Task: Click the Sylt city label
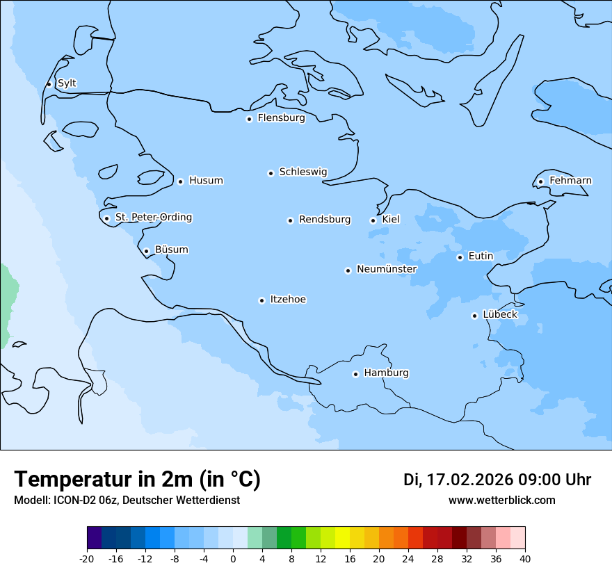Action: click(x=67, y=83)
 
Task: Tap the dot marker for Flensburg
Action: click(x=249, y=119)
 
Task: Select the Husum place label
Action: click(x=206, y=181)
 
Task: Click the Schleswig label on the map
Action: click(x=303, y=172)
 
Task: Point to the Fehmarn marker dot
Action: click(x=540, y=182)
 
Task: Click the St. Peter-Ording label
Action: click(x=153, y=218)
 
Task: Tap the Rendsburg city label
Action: click(x=325, y=220)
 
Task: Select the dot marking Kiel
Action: click(x=373, y=220)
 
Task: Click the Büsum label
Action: click(x=171, y=250)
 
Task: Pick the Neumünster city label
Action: click(x=387, y=269)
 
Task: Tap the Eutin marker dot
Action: click(x=460, y=257)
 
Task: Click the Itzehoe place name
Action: click(x=288, y=300)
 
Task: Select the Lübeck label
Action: click(x=499, y=315)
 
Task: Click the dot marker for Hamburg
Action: click(x=355, y=374)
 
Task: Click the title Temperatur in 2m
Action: click(x=137, y=480)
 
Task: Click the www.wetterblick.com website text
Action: click(x=501, y=501)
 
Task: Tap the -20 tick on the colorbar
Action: click(x=87, y=559)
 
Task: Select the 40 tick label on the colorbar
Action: click(x=525, y=559)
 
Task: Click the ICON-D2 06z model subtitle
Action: click(x=127, y=501)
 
